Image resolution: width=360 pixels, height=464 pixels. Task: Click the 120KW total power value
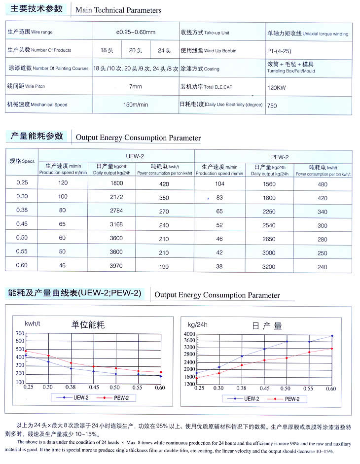274,88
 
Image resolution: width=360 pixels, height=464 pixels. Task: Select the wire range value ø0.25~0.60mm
136,33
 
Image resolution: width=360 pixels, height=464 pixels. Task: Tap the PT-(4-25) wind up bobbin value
280,51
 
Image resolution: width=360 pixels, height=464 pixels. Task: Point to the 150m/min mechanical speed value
136,105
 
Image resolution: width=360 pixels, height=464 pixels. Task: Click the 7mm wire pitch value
136,86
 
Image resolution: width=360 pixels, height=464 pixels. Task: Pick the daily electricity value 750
272,106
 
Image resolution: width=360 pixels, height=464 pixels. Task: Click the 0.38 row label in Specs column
22,211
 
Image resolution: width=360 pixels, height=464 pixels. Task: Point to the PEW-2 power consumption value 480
322,184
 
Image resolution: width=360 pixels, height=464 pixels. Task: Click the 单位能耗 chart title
88,325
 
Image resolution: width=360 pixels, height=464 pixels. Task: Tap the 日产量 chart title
267,326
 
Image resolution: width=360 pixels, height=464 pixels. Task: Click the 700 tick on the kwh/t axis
20,334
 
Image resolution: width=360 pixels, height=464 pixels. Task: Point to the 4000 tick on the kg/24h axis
190,335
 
